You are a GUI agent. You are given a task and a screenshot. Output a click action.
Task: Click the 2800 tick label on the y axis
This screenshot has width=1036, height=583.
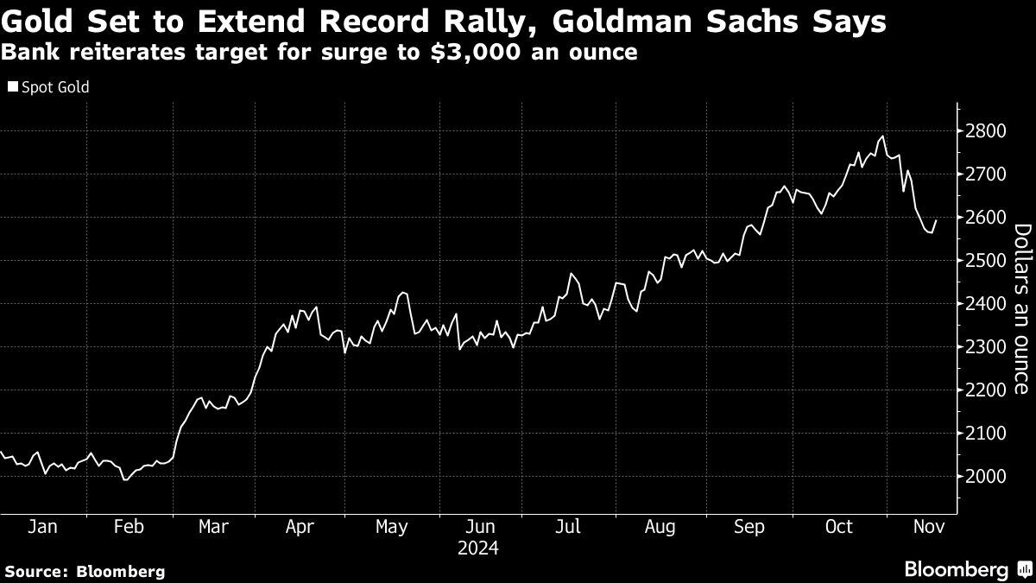(985, 130)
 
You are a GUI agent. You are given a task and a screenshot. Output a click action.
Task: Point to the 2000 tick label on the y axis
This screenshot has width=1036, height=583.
(985, 476)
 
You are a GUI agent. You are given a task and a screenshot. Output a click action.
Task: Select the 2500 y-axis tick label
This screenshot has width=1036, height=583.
(985, 260)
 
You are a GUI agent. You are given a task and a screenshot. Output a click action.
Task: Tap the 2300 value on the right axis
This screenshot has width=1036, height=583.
(985, 346)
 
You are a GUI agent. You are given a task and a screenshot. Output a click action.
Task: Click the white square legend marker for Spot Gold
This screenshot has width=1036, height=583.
(12, 87)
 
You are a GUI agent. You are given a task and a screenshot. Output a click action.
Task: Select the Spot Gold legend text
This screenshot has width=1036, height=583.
(55, 87)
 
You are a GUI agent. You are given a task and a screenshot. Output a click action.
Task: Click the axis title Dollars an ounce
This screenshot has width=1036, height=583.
(1021, 309)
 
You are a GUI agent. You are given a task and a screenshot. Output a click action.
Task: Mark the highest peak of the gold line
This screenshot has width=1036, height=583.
(882, 136)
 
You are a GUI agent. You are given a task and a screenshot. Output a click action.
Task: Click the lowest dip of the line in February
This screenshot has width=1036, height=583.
(125, 480)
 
